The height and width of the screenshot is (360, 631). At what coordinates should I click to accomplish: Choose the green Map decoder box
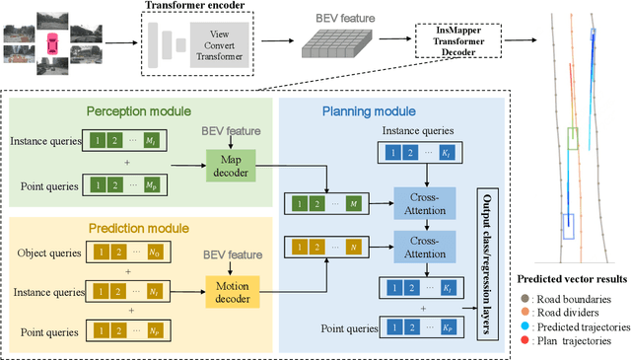pos(229,162)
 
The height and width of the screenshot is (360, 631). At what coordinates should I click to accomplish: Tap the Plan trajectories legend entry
pos(582,340)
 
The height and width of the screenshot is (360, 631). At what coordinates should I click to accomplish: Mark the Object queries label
pos(48,252)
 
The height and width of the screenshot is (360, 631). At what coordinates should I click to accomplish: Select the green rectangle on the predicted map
pos(573,139)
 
